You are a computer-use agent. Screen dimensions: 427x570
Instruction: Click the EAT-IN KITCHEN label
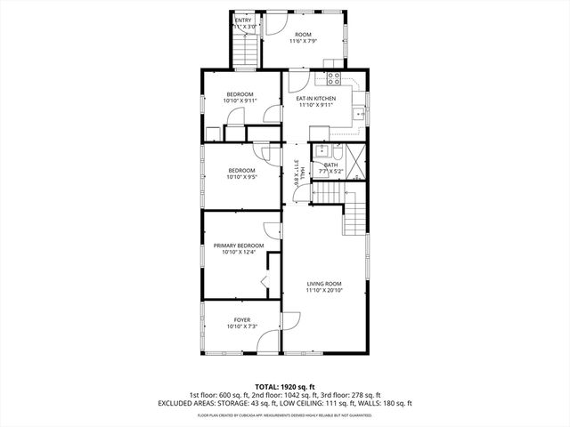pyautogui.click(x=316, y=98)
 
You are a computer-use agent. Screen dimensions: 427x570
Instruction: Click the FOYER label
pyautogui.click(x=242, y=319)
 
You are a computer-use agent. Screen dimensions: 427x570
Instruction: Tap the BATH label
pyautogui.click(x=330, y=165)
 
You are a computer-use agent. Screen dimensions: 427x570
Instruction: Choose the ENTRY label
pyautogui.click(x=243, y=20)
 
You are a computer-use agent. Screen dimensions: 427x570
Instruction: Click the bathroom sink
pyautogui.click(x=322, y=150)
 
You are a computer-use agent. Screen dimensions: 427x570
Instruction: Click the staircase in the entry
pyautogui.click(x=243, y=52)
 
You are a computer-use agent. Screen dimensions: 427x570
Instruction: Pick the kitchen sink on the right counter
pyautogui.click(x=359, y=114)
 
